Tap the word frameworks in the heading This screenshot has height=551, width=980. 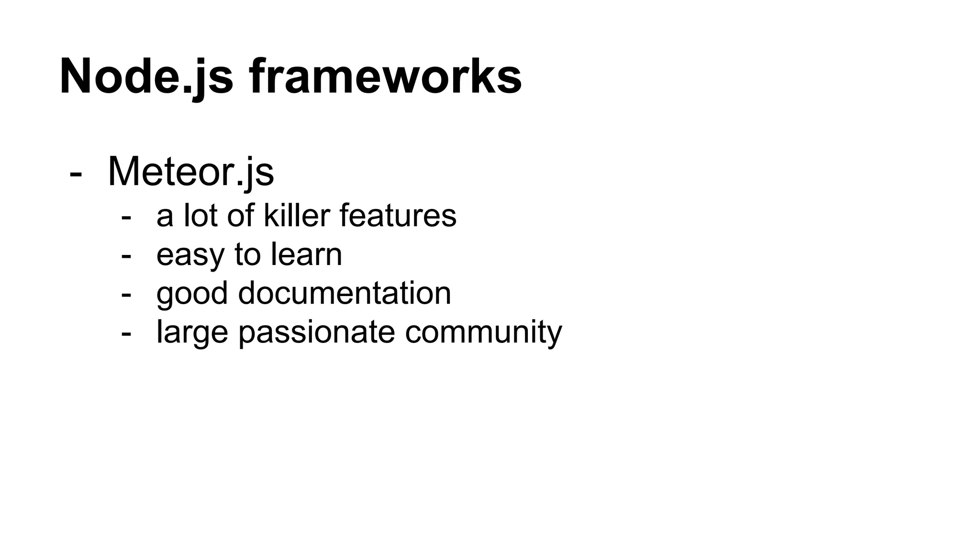pos(385,77)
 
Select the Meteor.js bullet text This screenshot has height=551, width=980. pos(191,172)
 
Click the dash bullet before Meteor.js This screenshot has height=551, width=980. pos(76,174)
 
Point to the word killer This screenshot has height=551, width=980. pos(297,215)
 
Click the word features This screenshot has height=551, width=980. pos(398,215)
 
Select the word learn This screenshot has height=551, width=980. pos(306,254)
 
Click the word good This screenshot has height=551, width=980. pos(192,294)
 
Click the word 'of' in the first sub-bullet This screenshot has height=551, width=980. pos(240,215)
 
